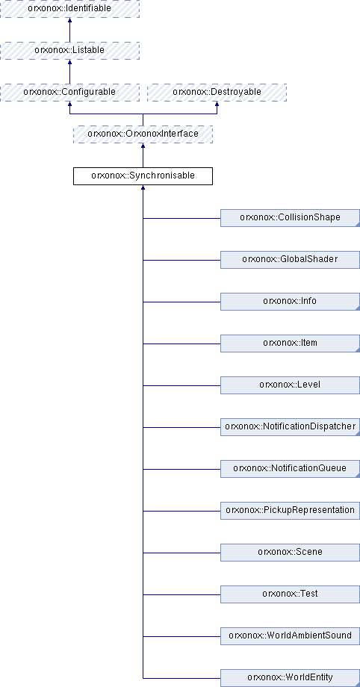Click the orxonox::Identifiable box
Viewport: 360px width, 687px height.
pos(69,8)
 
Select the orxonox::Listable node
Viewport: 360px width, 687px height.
pos(69,50)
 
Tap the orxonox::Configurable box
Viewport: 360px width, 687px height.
pos(69,93)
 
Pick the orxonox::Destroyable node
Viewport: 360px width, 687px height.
pos(217,93)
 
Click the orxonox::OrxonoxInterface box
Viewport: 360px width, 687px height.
pos(143,134)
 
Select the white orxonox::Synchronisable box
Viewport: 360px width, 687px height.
pos(143,176)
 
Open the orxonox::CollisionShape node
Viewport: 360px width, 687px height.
pos(290,218)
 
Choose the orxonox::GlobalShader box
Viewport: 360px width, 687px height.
pos(290,260)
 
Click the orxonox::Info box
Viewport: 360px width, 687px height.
pos(290,302)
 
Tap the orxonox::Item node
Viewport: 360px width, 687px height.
pos(290,343)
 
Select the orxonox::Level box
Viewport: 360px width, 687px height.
pos(290,385)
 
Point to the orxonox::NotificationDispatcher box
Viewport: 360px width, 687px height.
pos(290,427)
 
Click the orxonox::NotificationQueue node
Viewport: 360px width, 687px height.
pos(290,469)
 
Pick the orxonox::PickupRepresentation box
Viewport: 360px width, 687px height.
pos(290,511)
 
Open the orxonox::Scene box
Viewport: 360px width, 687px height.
pos(290,553)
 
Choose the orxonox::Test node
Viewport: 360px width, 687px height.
pos(290,594)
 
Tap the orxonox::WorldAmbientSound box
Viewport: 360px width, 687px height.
pos(290,636)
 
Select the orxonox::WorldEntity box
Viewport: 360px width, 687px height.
pos(290,678)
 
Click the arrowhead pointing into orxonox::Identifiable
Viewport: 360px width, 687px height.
pos(69,20)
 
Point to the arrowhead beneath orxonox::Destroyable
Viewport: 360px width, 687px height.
pos(217,104)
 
